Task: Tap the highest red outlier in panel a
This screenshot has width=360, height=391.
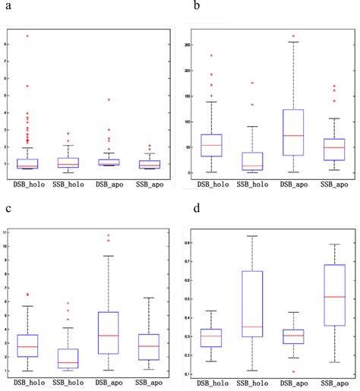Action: click(28, 36)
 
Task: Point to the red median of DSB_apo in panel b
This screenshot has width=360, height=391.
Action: click(292, 135)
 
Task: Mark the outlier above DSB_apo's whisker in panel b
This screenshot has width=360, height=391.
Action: click(292, 36)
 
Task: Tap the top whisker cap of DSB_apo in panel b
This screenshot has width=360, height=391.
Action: click(292, 42)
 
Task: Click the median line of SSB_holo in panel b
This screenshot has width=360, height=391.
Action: click(252, 166)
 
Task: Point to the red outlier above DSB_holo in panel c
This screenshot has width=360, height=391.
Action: click(28, 294)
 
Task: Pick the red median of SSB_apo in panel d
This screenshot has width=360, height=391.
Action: click(333, 297)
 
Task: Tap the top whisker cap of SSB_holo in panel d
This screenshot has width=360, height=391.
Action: click(252, 236)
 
